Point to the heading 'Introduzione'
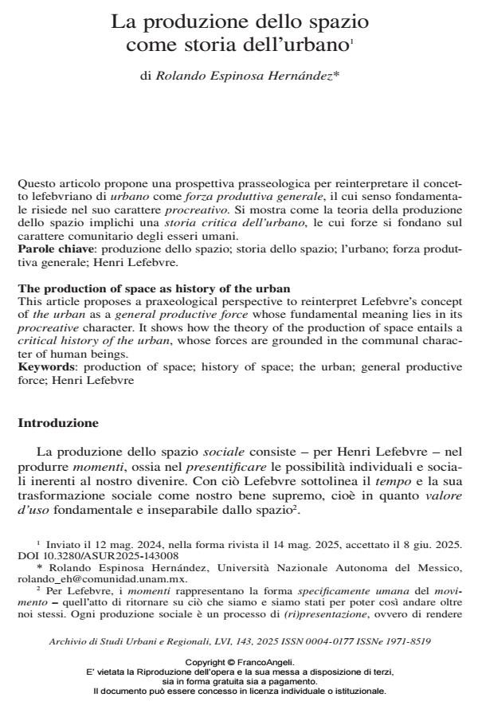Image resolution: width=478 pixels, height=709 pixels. tap(58, 422)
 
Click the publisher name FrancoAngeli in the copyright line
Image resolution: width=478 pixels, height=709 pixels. tap(268, 662)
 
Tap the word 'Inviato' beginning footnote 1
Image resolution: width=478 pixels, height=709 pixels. tap(61, 545)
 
